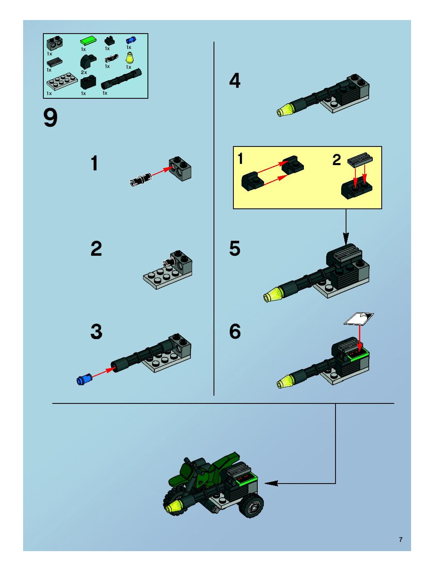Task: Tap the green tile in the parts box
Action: [x=89, y=41]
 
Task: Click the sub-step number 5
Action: [x=235, y=248]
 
